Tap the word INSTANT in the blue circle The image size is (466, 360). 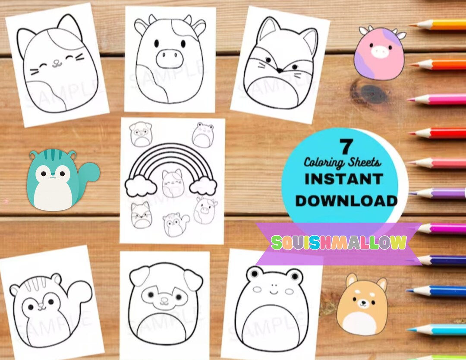(x=344, y=179)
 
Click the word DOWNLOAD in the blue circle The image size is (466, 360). (x=346, y=201)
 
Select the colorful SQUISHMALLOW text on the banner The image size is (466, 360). (x=339, y=242)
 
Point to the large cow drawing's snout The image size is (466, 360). (x=169, y=59)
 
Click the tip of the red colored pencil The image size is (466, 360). (x=409, y=133)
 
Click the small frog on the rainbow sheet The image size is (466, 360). (x=203, y=135)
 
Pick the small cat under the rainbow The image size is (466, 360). (x=173, y=183)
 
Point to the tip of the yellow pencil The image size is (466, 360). (x=411, y=25)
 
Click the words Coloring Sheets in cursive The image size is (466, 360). (x=342, y=162)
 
